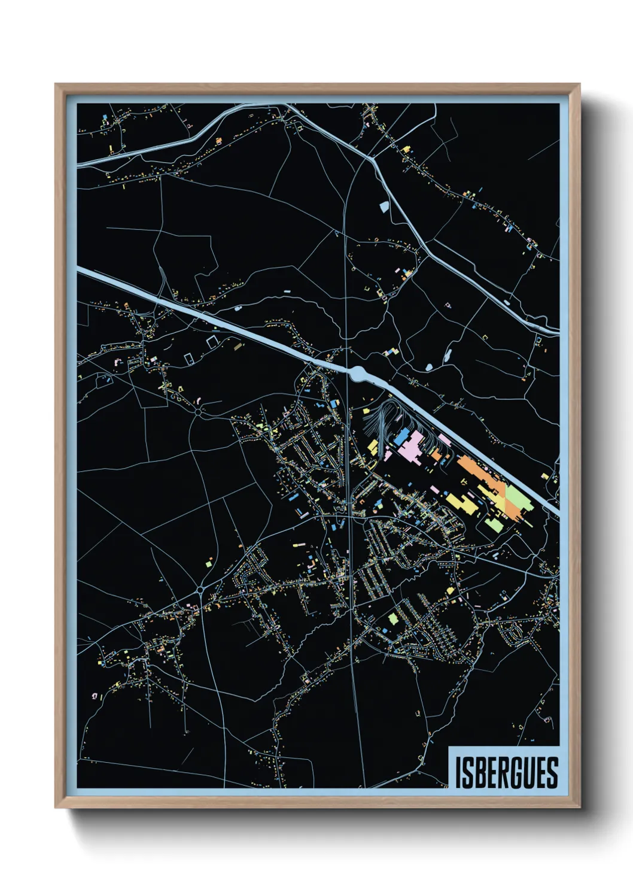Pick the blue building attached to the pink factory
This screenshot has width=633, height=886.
pos(399,438)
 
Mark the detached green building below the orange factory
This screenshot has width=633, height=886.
pos(494,525)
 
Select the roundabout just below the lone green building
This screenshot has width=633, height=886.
pos(199,589)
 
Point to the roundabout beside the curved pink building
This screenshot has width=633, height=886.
pos(198,412)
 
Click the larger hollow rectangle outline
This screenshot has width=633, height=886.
pos(212,342)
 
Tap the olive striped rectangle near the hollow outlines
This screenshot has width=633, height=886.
pos(238,346)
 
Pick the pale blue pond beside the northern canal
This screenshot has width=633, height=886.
pos(384,207)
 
